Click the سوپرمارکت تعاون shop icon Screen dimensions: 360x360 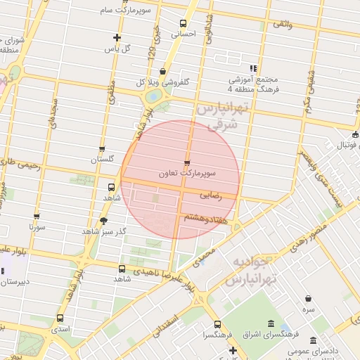[x=186, y=163]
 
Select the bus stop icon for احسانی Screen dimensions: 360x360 [x=184, y=23]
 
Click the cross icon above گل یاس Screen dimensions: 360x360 [x=117, y=38]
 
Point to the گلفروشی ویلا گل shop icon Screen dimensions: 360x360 [x=163, y=71]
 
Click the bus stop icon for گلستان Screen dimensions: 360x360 [x=102, y=149]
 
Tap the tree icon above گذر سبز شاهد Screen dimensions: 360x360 [x=103, y=220]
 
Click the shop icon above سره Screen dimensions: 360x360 [x=309, y=298]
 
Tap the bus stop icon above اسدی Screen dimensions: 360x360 [x=60, y=318]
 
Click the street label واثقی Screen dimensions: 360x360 [x=282, y=25]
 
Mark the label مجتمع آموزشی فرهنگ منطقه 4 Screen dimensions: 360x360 [x=244, y=84]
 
